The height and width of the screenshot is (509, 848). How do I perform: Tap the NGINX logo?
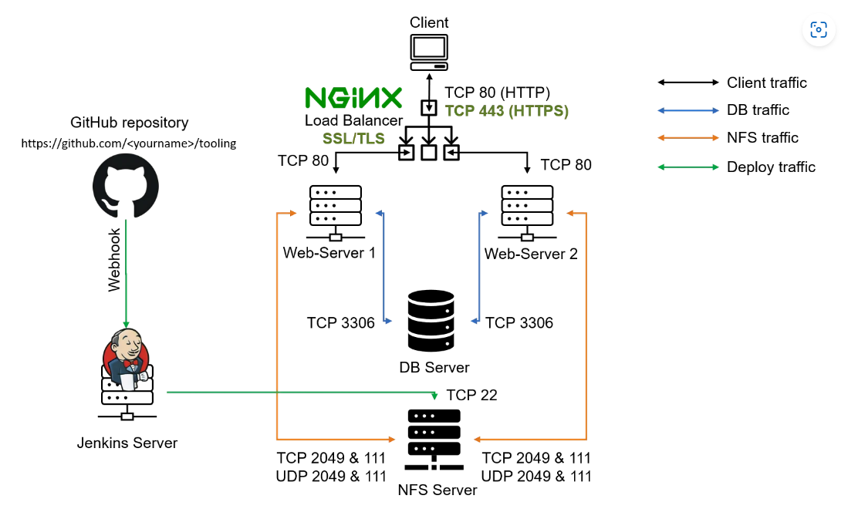click(x=353, y=97)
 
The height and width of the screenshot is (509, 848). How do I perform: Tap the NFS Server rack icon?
click(x=434, y=440)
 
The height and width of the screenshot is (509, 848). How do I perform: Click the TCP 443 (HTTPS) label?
click(x=506, y=111)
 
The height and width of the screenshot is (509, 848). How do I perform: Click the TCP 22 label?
click(x=471, y=395)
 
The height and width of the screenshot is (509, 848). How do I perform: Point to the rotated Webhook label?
click(x=114, y=259)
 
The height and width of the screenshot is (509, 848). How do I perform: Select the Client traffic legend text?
click(x=767, y=83)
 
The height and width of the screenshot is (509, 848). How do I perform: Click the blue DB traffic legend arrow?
click(x=688, y=110)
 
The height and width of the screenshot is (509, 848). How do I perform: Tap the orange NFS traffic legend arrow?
click(x=688, y=138)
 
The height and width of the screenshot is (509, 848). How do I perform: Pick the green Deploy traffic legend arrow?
click(x=688, y=167)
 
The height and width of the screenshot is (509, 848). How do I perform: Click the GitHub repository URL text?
click(x=128, y=143)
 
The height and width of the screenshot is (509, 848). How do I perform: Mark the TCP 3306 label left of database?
click(x=340, y=322)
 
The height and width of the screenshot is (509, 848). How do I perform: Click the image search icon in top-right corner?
click(x=818, y=30)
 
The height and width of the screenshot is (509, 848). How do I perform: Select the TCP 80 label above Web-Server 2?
click(x=566, y=164)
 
